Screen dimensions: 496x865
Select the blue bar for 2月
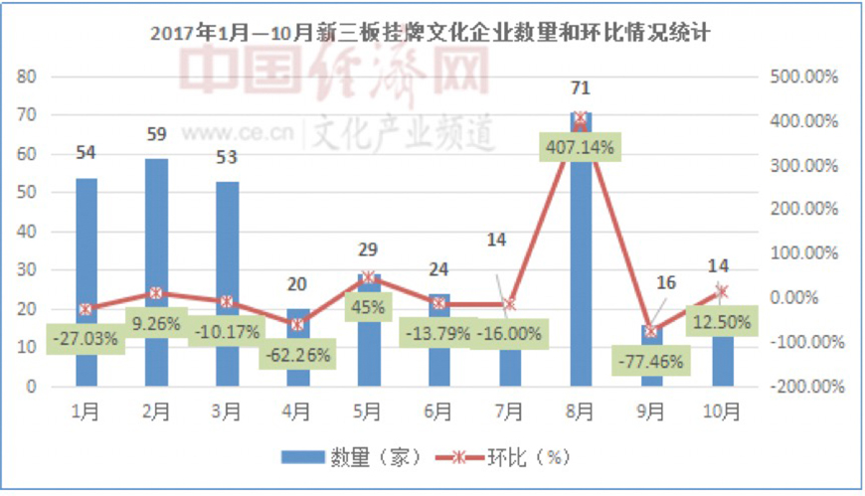point(156,239)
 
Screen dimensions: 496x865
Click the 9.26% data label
point(157,323)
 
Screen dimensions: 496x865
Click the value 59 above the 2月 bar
point(156,134)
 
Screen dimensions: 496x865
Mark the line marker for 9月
point(650,331)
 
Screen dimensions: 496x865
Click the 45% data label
point(367,307)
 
